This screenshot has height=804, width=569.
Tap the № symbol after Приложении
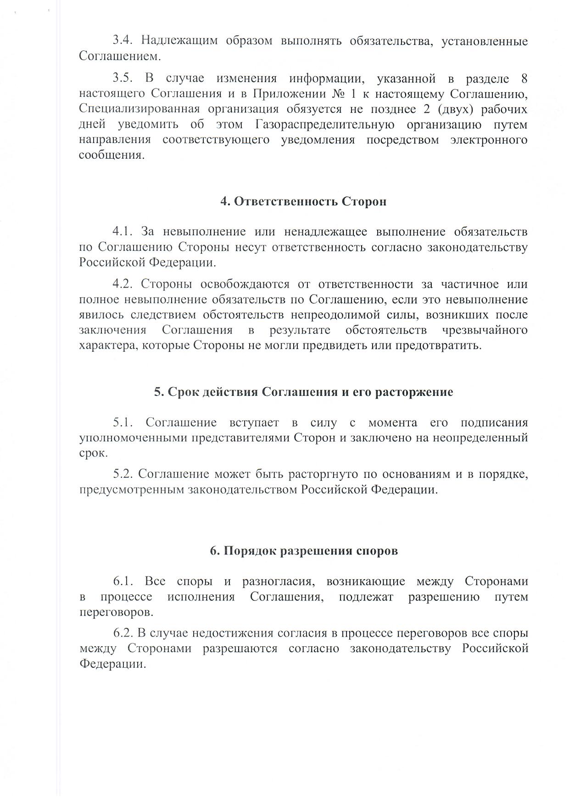[x=337, y=94]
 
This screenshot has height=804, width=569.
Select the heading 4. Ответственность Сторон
[x=303, y=201]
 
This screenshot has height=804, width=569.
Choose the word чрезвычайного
[x=485, y=330]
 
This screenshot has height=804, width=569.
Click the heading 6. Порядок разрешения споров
[x=303, y=551]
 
